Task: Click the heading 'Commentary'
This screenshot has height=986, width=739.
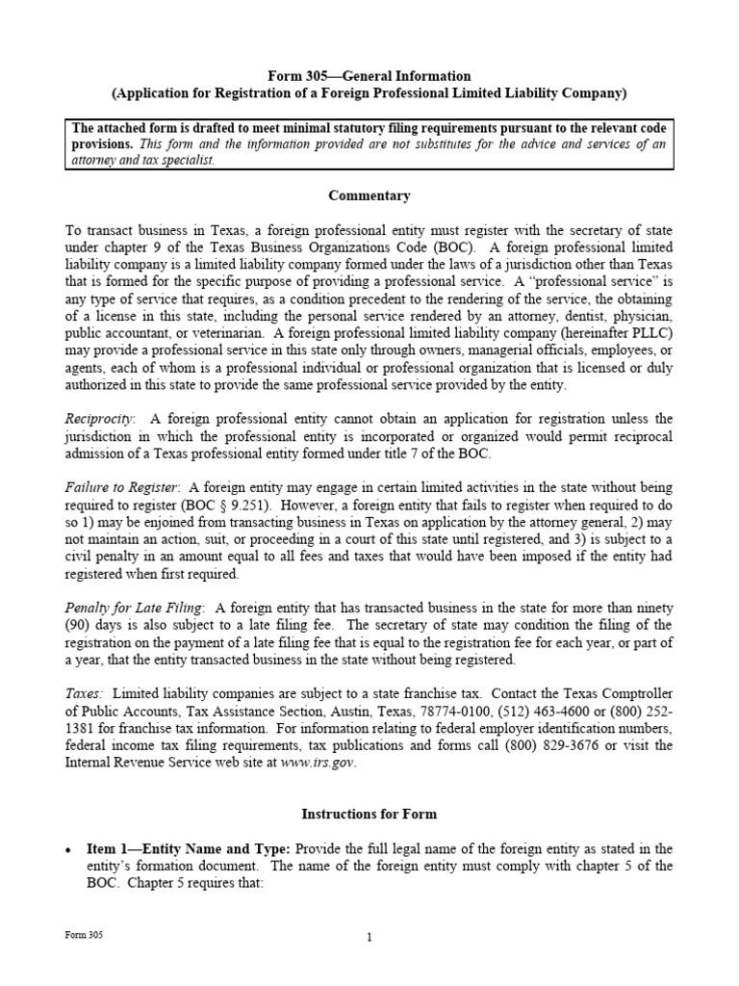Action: click(369, 195)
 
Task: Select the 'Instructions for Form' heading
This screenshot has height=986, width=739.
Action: click(369, 814)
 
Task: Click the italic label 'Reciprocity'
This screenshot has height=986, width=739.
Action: click(100, 419)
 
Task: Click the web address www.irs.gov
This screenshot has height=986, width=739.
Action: click(317, 763)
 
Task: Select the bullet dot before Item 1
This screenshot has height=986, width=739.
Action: click(68, 849)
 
